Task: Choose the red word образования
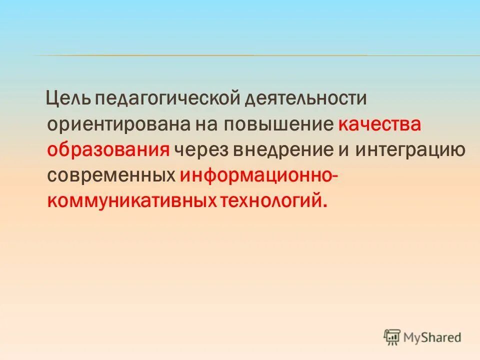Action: [x=108, y=149]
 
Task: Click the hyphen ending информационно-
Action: [x=333, y=176]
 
